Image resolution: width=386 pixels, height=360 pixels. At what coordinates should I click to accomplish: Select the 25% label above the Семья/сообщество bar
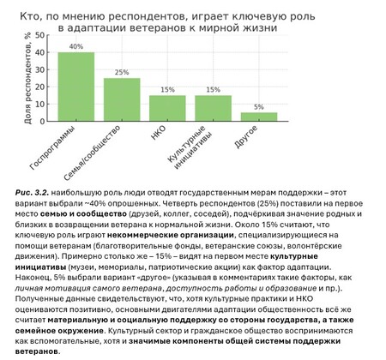click(122, 72)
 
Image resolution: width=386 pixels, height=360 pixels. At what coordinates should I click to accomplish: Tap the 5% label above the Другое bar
click(258, 106)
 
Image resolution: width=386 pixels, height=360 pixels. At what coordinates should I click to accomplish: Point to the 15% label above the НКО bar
click(167, 89)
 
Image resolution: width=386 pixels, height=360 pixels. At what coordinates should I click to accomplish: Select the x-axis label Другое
click(256, 138)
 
